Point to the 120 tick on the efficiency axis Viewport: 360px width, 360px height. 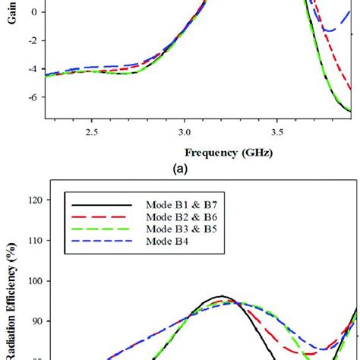coord(30,201)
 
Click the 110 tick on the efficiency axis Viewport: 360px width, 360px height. coord(30,241)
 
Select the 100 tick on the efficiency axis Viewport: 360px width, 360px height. coord(30,281)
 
